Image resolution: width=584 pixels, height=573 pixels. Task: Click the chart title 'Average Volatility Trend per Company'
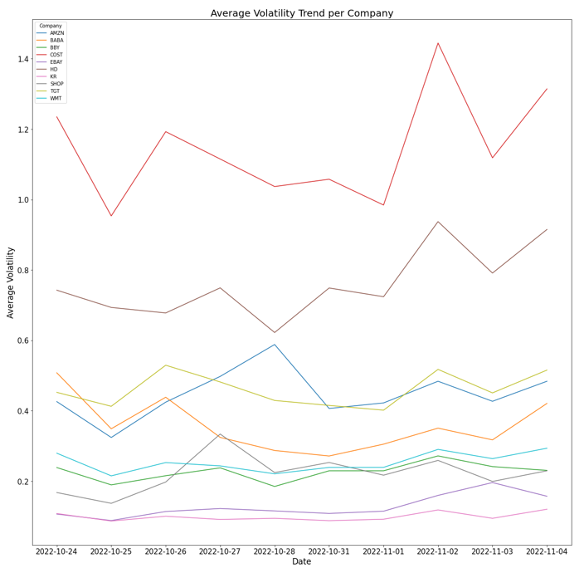[x=301, y=13]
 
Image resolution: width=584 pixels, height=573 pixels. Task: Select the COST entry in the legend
[x=56, y=55]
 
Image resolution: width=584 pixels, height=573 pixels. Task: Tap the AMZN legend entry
[x=56, y=33]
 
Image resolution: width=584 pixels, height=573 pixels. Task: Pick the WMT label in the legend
[x=56, y=98]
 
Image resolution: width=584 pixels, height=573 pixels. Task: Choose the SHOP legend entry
[x=56, y=84]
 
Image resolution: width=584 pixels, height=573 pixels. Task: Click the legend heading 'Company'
[x=51, y=26]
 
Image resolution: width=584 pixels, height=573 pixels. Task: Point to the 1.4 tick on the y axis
[x=20, y=59]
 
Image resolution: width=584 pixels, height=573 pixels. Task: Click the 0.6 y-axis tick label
[x=20, y=340]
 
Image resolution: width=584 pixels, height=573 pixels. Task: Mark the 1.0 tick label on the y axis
[x=20, y=200]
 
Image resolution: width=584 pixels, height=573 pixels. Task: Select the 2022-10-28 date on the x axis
[x=275, y=551]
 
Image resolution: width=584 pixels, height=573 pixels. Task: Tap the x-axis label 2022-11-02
[x=438, y=551]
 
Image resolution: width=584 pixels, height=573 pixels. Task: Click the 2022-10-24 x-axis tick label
[x=56, y=551]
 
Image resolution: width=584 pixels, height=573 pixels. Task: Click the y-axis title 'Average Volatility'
[x=12, y=282]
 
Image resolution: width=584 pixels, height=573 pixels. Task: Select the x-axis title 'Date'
[x=301, y=562]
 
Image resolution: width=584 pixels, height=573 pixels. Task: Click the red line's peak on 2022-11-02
[x=438, y=43]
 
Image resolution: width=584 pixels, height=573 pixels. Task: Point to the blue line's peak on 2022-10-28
[x=275, y=345]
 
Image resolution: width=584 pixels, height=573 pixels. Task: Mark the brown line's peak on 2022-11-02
[x=438, y=222]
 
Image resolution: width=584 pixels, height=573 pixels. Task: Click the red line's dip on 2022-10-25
[x=111, y=216]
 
